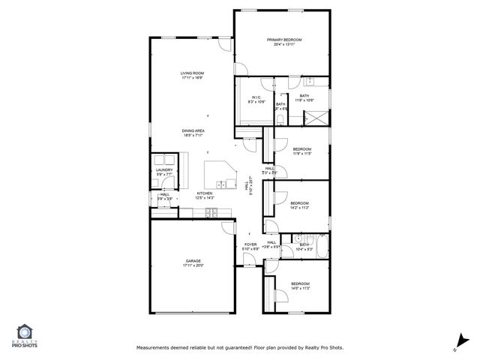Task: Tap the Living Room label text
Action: coord(192,73)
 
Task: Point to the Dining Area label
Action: coord(193,131)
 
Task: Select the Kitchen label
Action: coord(205,193)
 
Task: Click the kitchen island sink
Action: coord(222,184)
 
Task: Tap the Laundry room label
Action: coord(164,169)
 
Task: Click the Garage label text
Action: coord(193,260)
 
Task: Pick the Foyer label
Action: coord(250,244)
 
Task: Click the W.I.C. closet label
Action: coord(256,97)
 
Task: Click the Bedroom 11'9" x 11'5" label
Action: coord(301,148)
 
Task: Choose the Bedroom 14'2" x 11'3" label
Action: coord(300,203)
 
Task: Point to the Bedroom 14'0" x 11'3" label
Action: coord(300,283)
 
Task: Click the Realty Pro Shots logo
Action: coord(25,334)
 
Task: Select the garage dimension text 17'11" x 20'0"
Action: coord(193,265)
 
